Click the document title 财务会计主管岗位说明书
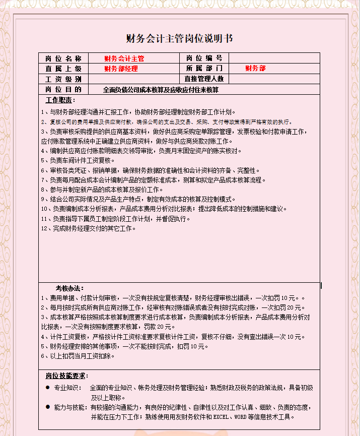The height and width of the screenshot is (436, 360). pos(179,39)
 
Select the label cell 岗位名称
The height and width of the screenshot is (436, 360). pos(63,58)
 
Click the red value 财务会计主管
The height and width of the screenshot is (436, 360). pos(124,58)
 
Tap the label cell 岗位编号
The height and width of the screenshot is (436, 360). pos(203,58)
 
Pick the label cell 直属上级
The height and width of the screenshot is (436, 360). pos(63,69)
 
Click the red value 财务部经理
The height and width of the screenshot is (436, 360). pos(121,69)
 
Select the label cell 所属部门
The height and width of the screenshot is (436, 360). pos(203,69)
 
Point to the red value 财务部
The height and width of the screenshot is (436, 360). pos(255,69)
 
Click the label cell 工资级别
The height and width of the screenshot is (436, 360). pos(63,79)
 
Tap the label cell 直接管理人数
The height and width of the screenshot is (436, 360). pos(203,79)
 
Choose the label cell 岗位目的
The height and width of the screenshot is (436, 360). pos(63,90)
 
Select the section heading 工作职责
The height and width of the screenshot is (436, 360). pos(59,100)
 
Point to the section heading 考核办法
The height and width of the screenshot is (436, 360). pos(69,288)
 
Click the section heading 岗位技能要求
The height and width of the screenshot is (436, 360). pos(66,376)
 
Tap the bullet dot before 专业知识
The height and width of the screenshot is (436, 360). pos(48,388)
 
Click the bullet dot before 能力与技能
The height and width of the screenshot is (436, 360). pos(48,406)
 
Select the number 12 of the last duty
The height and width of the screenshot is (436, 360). pos(44,228)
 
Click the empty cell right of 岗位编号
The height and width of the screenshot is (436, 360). pos(274,58)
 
